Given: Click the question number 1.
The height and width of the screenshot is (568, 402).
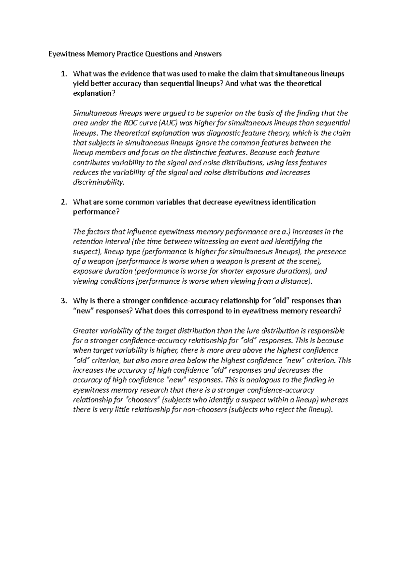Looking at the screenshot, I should (x=64, y=74).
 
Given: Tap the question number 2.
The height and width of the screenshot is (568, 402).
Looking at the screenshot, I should (x=64, y=202).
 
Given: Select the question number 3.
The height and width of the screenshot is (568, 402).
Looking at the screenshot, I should (x=64, y=301).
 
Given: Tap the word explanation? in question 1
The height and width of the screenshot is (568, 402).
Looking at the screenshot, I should (x=94, y=93).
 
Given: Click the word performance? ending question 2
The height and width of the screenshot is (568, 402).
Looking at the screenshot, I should (x=96, y=212).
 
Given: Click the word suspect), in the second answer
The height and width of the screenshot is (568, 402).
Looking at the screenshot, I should (x=87, y=252).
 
